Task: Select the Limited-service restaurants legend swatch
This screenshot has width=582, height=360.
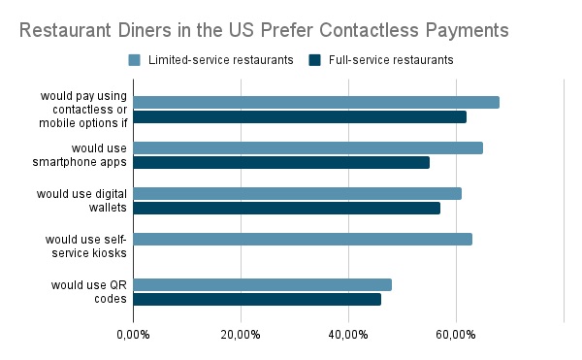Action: click(135, 60)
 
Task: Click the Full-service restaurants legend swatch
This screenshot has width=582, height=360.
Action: click(315, 60)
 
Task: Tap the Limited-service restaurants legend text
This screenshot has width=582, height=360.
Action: click(220, 60)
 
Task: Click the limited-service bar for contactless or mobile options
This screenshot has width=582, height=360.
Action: click(315, 102)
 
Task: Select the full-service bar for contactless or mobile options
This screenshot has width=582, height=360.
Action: click(299, 117)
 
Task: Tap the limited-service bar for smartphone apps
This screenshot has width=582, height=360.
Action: click(307, 147)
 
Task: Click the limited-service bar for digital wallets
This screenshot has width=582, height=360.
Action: click(297, 193)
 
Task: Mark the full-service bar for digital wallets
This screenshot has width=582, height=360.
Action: click(286, 208)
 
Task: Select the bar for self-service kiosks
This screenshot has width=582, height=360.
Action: click(302, 239)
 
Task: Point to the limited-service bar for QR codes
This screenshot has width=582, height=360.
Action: click(262, 284)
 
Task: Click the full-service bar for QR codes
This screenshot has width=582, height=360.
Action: click(256, 299)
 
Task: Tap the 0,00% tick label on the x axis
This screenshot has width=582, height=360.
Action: click(133, 335)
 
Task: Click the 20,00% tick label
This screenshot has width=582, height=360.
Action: click(241, 335)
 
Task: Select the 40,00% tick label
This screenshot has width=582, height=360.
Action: click(348, 335)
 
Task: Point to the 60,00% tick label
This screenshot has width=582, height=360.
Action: click(456, 335)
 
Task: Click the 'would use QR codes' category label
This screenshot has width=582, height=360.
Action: click(88, 291)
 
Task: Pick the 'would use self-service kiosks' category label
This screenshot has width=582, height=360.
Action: click(86, 245)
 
